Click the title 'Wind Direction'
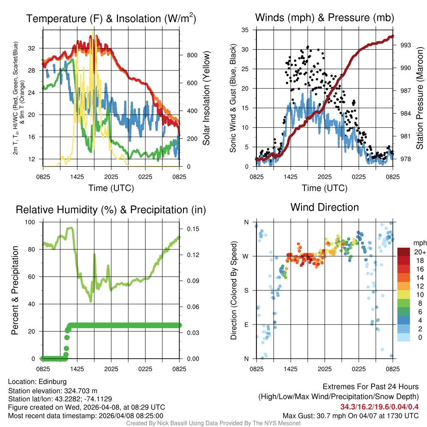point(324,207)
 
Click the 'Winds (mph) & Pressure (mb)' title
point(324,18)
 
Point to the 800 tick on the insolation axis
point(188,55)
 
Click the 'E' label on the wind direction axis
point(246,324)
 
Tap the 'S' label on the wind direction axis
point(246,290)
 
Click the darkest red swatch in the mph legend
point(404,252)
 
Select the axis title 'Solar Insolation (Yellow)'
point(206,98)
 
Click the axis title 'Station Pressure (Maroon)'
point(420,98)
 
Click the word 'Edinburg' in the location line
point(53,382)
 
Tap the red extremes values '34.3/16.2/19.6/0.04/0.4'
point(379,407)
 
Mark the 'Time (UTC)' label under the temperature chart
point(111,188)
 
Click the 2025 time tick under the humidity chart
point(111,369)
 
